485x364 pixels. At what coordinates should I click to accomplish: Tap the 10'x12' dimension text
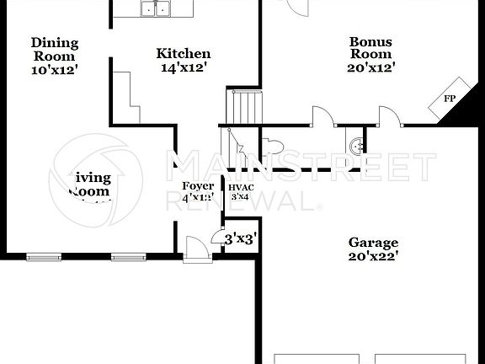pyautogui.click(x=55, y=71)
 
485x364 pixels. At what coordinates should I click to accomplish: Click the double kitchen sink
pyautogui.click(x=155, y=8)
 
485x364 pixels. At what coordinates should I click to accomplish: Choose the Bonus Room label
pyautogui.click(x=371, y=47)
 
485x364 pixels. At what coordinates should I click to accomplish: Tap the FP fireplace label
pyautogui.click(x=450, y=99)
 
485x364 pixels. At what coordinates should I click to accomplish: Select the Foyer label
pyautogui.click(x=198, y=186)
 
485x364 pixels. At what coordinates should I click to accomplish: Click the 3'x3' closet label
pyautogui.click(x=240, y=239)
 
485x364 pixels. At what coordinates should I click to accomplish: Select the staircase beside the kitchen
pyautogui.click(x=243, y=107)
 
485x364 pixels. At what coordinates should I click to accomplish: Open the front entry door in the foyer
pyautogui.click(x=195, y=249)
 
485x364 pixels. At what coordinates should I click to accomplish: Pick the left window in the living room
pyautogui.click(x=44, y=255)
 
